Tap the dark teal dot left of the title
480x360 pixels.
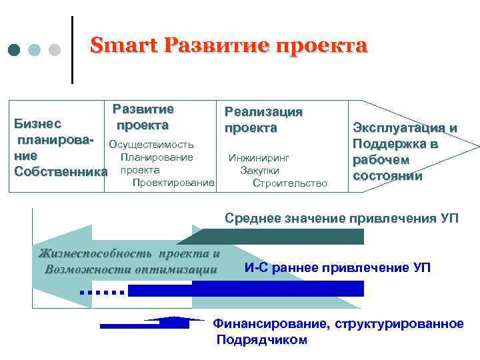coord(15,50)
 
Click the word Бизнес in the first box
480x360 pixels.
coord(38,123)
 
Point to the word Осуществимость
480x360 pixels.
coord(151,145)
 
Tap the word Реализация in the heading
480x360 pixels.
coord(263,112)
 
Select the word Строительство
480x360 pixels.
coord(290,183)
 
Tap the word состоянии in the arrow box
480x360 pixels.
coord(387,176)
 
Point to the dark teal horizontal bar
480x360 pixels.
coord(280,236)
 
